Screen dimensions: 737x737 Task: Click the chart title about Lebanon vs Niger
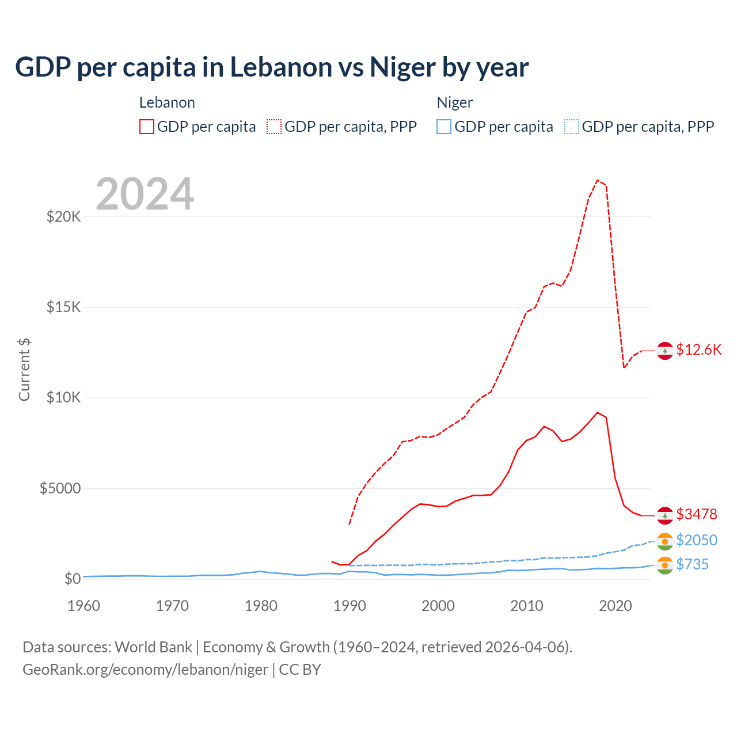click(272, 67)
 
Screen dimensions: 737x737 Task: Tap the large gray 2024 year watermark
click(145, 194)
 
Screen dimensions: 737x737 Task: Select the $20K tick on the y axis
click(63, 217)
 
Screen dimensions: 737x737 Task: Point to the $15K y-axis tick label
click(63, 307)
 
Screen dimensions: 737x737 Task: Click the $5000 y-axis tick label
click(60, 489)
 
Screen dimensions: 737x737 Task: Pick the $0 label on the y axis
click(72, 579)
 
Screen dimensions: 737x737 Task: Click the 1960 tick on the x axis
click(84, 606)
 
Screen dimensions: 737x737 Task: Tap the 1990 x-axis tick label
click(349, 606)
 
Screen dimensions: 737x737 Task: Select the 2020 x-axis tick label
click(616, 606)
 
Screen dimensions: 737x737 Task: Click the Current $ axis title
click(24, 370)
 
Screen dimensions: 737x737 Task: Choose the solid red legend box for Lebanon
click(147, 127)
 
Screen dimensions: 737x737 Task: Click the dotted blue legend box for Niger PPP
click(572, 127)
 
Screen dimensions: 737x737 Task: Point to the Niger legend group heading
click(455, 102)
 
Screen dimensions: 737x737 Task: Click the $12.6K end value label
click(698, 350)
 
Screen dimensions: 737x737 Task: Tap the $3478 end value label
click(696, 514)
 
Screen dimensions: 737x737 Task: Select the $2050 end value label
click(696, 540)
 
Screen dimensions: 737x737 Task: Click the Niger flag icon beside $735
click(665, 565)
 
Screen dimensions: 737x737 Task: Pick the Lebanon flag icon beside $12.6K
click(665, 350)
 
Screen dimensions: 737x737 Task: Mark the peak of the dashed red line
click(598, 180)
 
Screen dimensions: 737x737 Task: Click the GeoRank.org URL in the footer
click(145, 670)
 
